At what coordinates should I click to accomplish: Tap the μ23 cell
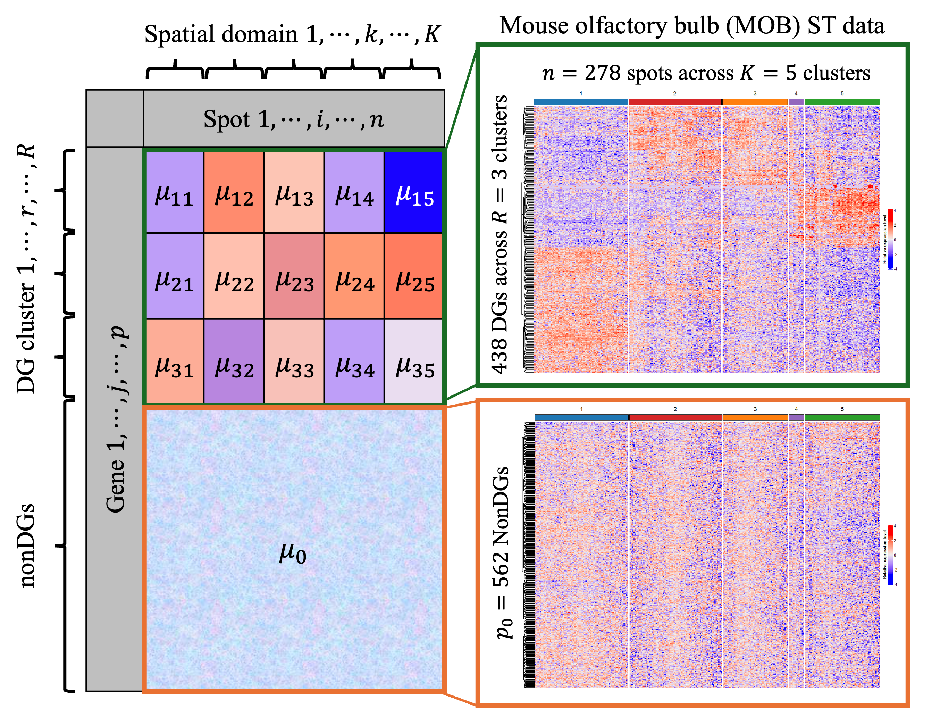(294, 276)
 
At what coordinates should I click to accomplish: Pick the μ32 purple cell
(234, 361)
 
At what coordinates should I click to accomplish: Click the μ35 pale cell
(413, 361)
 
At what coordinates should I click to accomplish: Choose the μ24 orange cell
(354, 276)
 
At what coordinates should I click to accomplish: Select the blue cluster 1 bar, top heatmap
(581, 101)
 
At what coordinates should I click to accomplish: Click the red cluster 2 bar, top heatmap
(674, 101)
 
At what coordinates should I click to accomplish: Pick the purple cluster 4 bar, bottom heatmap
(796, 417)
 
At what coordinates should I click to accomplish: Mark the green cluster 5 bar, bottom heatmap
(842, 417)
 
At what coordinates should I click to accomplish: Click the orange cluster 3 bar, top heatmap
(755, 101)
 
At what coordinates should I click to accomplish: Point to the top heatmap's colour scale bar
(890, 239)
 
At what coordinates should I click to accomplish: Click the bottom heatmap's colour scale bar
(890, 555)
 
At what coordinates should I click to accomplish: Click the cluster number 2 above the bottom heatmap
(675, 409)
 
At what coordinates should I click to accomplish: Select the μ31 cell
(175, 361)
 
